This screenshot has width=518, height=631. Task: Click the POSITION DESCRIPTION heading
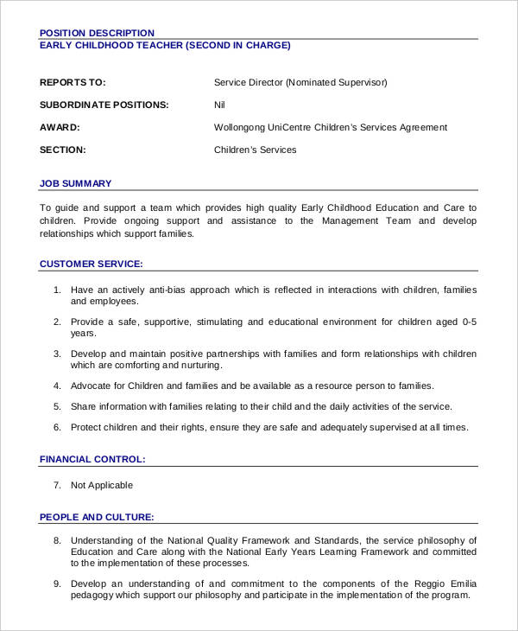tap(97, 33)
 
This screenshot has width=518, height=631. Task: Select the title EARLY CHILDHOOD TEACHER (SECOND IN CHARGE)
tap(165, 46)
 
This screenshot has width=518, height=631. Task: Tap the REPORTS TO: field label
tap(73, 83)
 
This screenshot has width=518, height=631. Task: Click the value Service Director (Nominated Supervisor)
tap(300, 83)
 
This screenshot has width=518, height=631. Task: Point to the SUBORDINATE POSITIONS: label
tap(104, 105)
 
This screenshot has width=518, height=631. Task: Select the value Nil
tap(220, 105)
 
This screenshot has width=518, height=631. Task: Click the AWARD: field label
tap(60, 128)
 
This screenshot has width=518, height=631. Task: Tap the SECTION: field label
tap(62, 150)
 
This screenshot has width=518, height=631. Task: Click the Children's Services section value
tap(255, 150)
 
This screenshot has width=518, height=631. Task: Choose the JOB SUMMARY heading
tap(76, 183)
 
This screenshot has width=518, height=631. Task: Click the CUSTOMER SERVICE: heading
tap(92, 264)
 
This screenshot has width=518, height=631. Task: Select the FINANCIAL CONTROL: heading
tap(92, 459)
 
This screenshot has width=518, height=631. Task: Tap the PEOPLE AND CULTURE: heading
tap(97, 517)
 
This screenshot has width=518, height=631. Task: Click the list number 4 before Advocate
tap(57, 386)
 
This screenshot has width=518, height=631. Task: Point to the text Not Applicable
tap(102, 486)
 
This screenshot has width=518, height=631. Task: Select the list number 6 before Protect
tap(57, 427)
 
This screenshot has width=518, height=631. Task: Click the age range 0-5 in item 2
tap(469, 322)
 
